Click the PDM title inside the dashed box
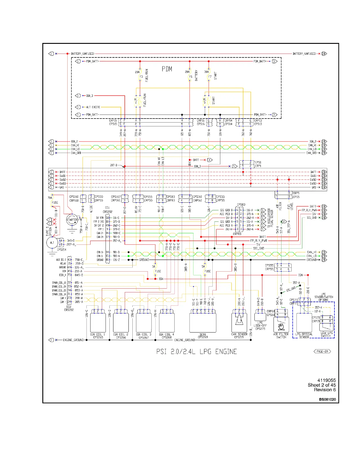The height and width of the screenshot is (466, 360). (167, 69)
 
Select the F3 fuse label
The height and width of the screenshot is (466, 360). (141, 77)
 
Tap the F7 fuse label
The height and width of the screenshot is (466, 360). (210, 77)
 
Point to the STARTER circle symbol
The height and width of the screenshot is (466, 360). (72, 220)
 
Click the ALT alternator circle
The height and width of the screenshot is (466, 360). (52, 243)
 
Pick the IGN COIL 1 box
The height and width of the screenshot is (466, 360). (98, 323)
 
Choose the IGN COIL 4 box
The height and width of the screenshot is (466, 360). (167, 323)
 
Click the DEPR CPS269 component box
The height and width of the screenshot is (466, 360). (203, 323)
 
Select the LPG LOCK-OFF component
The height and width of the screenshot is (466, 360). (260, 317)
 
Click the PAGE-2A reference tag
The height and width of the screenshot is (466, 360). (322, 351)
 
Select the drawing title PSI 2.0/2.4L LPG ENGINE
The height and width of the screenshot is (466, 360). (196, 352)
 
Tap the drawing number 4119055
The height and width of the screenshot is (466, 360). (326, 380)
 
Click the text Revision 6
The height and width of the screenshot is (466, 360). (325, 390)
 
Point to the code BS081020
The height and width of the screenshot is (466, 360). (327, 400)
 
